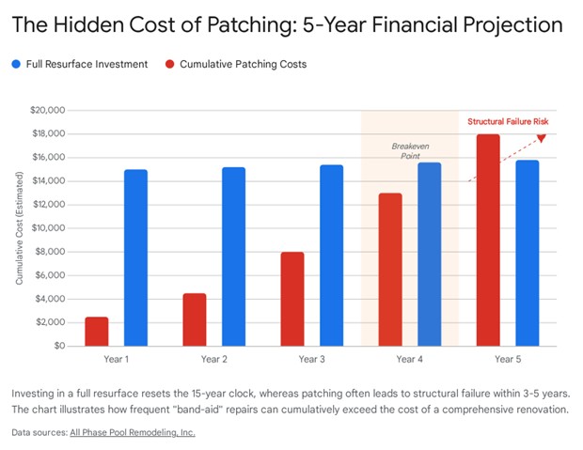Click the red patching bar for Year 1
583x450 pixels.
pyautogui.click(x=96, y=332)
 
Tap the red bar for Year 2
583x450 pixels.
pyautogui.click(x=194, y=319)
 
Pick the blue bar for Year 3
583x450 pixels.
pyautogui.click(x=331, y=256)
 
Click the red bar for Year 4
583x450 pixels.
pyautogui.click(x=389, y=270)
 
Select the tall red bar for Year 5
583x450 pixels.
pyautogui.click(x=487, y=240)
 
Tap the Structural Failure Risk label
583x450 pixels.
pyautogui.click(x=507, y=121)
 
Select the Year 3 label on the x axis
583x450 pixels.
pyautogui.click(x=311, y=359)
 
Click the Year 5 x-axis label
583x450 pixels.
pyautogui.click(x=507, y=359)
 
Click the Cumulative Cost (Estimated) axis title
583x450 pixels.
pyautogui.click(x=19, y=228)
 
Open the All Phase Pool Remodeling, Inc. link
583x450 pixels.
pyautogui.click(x=132, y=433)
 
